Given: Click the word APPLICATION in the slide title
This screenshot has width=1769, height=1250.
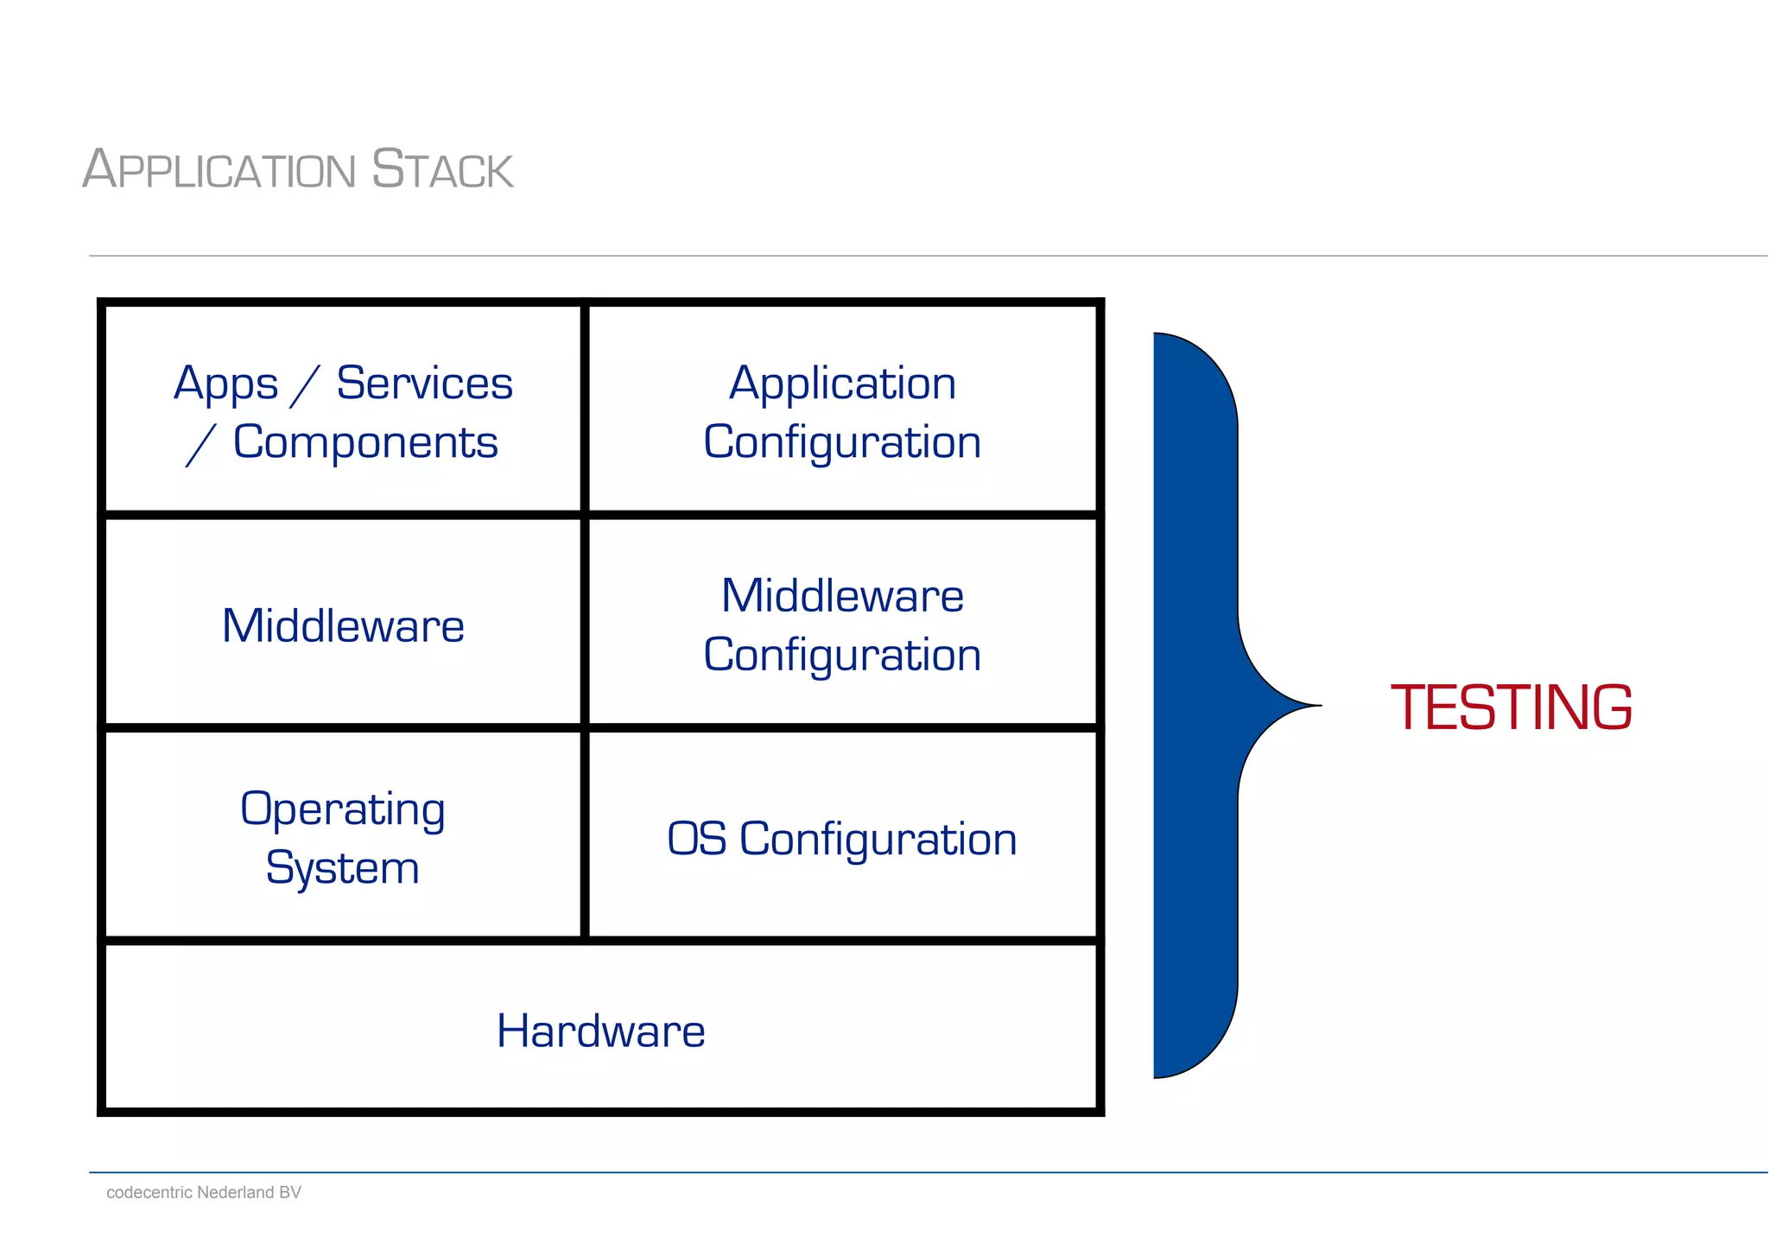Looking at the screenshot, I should [x=219, y=169].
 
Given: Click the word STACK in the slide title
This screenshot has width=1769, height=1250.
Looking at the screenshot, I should [x=442, y=169].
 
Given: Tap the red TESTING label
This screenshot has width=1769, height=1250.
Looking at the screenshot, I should [x=1511, y=707].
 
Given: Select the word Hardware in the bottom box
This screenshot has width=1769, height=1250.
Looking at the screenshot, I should [x=600, y=1031].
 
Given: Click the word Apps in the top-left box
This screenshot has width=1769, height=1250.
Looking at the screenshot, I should [x=225, y=384].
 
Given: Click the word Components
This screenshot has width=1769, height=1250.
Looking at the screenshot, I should [x=365, y=442].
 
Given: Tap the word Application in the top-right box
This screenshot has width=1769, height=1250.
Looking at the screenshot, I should [x=842, y=384].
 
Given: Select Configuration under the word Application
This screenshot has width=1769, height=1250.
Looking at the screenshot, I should [x=842, y=443].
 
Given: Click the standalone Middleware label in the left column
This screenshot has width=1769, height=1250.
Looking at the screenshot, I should [x=343, y=625].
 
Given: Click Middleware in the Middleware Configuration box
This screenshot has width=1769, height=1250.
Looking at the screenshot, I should [x=842, y=596].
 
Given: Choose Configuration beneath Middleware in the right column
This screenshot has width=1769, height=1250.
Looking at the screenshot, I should [x=842, y=656].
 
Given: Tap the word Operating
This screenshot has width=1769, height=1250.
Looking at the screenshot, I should [x=343, y=810].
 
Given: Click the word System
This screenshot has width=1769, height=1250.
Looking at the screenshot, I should [x=343, y=868].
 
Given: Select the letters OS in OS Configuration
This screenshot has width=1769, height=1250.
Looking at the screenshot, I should [x=696, y=839].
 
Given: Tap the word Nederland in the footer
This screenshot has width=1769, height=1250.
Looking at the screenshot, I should [x=235, y=1192].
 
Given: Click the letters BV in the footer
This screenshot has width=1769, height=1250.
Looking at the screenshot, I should [x=290, y=1192].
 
